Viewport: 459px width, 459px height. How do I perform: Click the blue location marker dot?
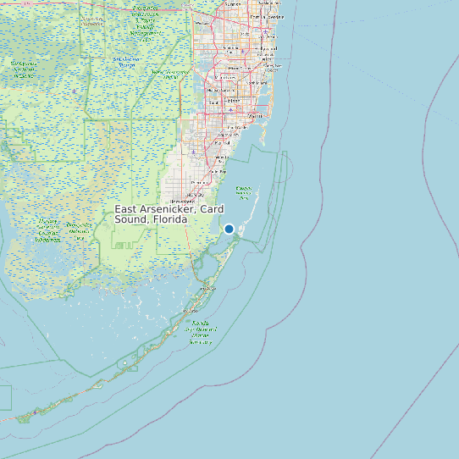(229, 229)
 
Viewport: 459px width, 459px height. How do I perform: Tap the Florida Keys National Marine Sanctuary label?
(201, 332)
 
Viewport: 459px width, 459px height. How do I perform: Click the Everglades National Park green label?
(53, 229)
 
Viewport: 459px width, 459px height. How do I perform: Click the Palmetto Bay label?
(222, 158)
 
